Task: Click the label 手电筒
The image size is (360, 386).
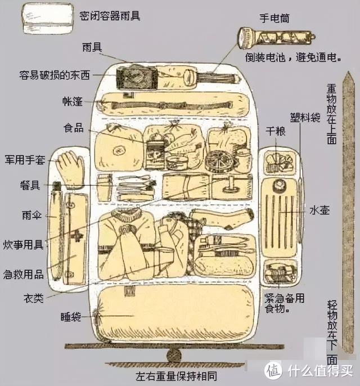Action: [274, 18]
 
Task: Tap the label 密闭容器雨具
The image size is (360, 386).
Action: [110, 16]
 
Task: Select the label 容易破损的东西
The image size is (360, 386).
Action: [55, 75]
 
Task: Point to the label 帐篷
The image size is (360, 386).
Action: [72, 101]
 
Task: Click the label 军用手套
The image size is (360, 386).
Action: [25, 160]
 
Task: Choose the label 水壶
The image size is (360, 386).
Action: [319, 210]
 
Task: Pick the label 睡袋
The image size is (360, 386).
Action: [71, 317]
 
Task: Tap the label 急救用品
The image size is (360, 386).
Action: [24, 274]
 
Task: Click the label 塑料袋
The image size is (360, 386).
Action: [305, 118]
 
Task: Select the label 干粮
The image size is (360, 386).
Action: [276, 131]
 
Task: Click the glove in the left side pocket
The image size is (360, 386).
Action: [70, 169]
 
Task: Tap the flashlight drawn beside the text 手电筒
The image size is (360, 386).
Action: [276, 37]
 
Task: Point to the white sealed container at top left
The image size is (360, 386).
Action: [48, 18]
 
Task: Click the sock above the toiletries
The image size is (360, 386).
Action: [222, 218]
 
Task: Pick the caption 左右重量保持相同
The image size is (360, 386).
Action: [177, 376]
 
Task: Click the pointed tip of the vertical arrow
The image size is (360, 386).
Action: [348, 71]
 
